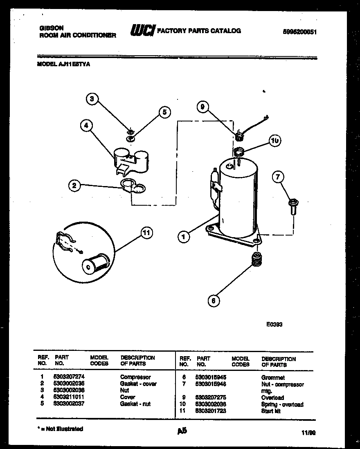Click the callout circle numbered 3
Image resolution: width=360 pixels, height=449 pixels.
click(x=92, y=99)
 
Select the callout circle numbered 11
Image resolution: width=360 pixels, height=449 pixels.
click(x=146, y=233)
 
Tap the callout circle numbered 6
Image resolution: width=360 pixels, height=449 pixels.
click(x=213, y=301)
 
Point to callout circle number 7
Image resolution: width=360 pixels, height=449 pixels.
click(x=278, y=177)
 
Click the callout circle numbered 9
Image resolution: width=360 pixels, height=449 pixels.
click(x=202, y=107)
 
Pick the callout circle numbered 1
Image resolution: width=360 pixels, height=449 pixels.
click(x=184, y=236)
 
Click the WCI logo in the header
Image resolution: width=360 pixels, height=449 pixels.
click(x=142, y=31)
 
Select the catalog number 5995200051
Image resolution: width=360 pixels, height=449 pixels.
click(x=300, y=32)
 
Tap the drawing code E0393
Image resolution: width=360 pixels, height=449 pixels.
click(x=274, y=324)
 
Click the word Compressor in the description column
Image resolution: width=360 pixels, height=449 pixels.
click(x=135, y=377)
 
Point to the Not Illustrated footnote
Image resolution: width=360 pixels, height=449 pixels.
click(x=61, y=429)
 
